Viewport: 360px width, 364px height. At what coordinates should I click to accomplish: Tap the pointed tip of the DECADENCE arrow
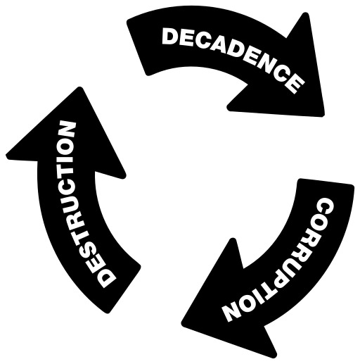point(323,115)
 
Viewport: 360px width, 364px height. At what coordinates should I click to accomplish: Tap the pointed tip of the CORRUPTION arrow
point(183,323)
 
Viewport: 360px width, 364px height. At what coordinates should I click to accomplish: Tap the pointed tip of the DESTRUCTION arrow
point(79,88)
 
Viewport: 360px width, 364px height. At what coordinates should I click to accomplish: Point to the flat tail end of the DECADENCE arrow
point(136,48)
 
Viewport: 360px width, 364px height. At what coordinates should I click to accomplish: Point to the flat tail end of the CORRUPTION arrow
point(326,182)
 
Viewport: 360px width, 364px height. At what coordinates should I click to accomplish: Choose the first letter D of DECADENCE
point(170,36)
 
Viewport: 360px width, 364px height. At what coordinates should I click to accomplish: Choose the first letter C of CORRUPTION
point(326,207)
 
